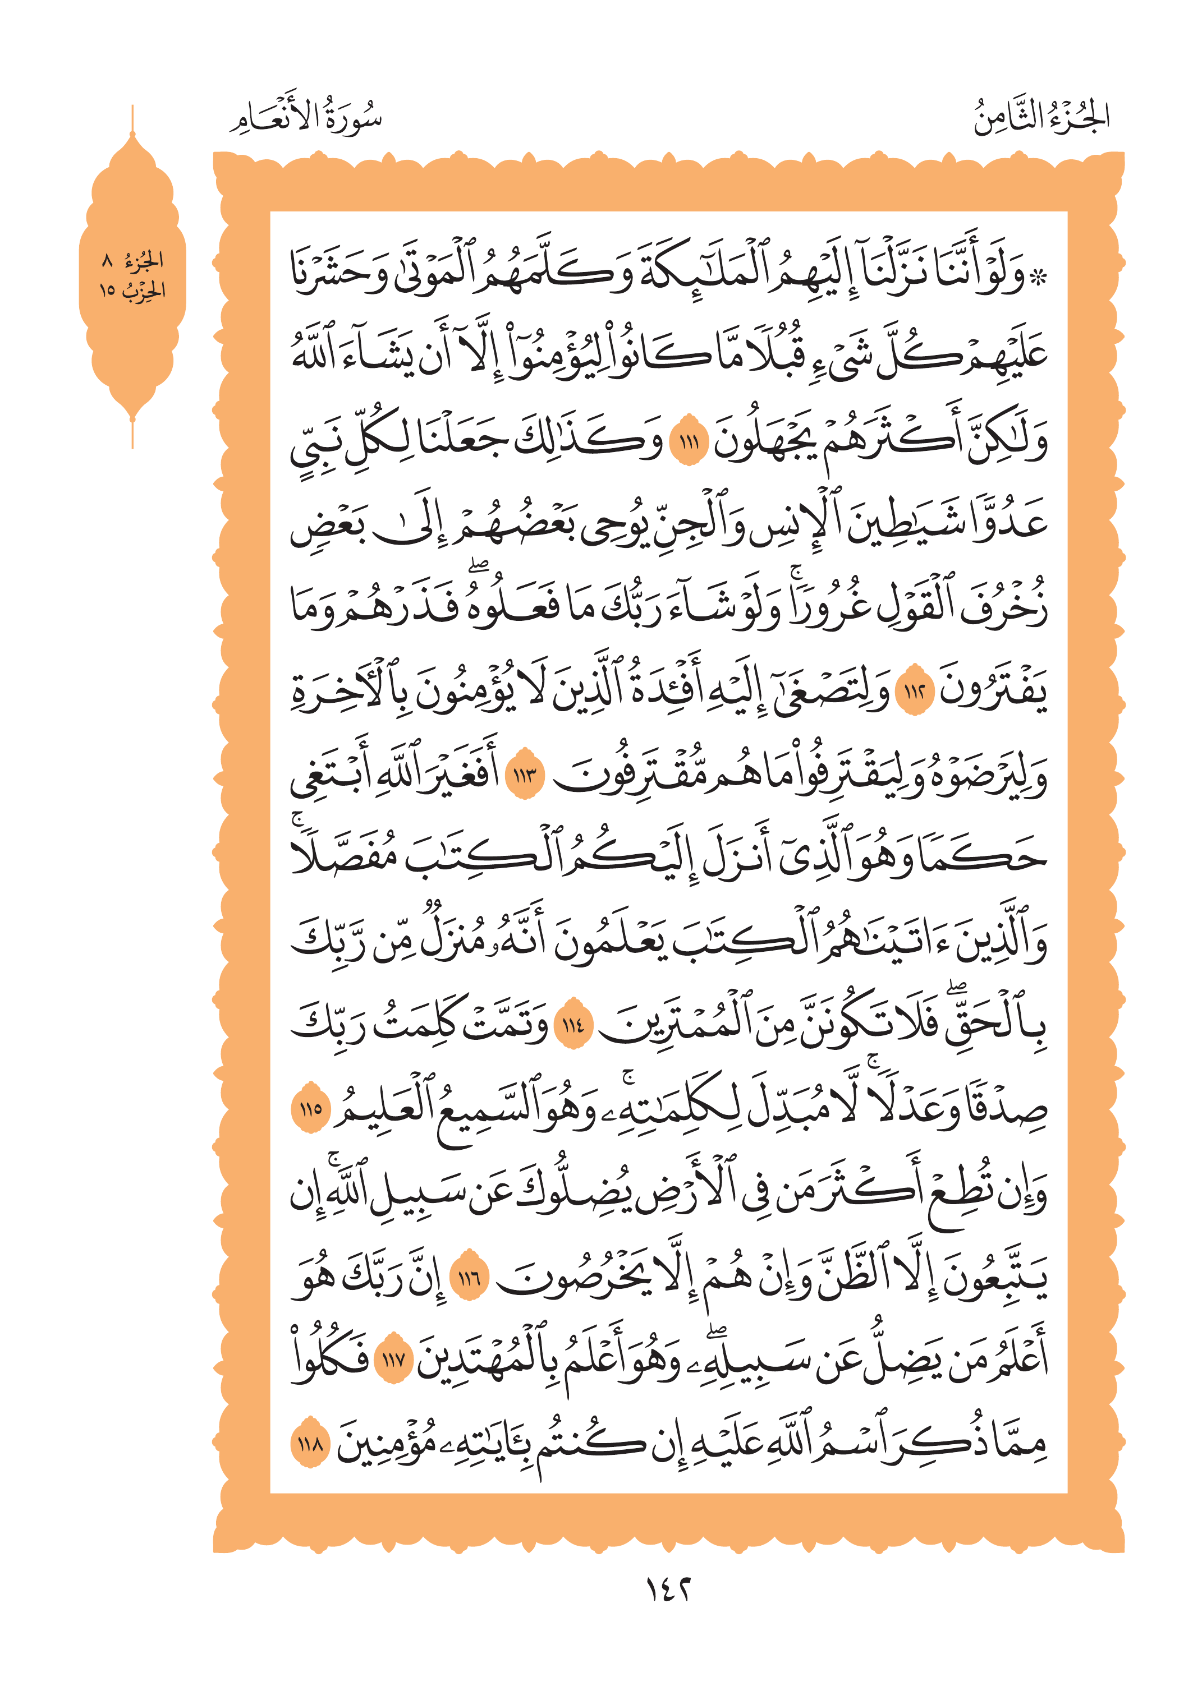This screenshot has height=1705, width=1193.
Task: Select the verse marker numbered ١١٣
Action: tap(525, 775)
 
